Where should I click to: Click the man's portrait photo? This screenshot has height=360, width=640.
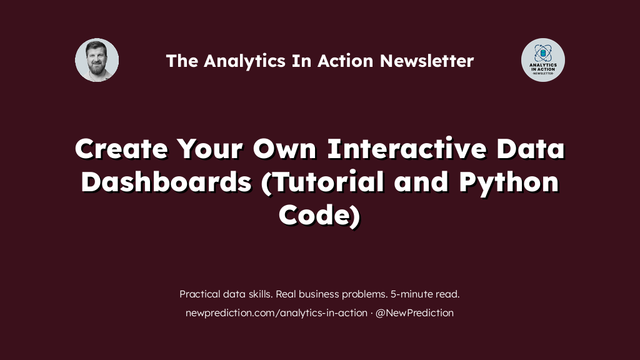97,60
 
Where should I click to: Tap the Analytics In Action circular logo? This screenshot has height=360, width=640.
543,60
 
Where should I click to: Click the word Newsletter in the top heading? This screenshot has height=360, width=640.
427,61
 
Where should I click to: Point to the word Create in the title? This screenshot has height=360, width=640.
121,149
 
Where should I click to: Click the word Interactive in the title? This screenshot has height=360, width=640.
407,149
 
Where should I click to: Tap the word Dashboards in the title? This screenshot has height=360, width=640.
166,182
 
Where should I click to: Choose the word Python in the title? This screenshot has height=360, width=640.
509,182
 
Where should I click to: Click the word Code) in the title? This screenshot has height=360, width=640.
319,215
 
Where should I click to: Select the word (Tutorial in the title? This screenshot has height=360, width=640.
322,182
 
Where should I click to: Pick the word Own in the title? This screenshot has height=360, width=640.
284,149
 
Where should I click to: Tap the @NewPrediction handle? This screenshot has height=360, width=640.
414,312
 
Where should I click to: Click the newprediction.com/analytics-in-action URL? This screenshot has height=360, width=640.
276,313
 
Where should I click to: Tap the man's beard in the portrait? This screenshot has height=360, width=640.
97,67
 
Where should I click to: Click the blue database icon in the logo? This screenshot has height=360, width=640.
543,53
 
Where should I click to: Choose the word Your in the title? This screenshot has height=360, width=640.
210,149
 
